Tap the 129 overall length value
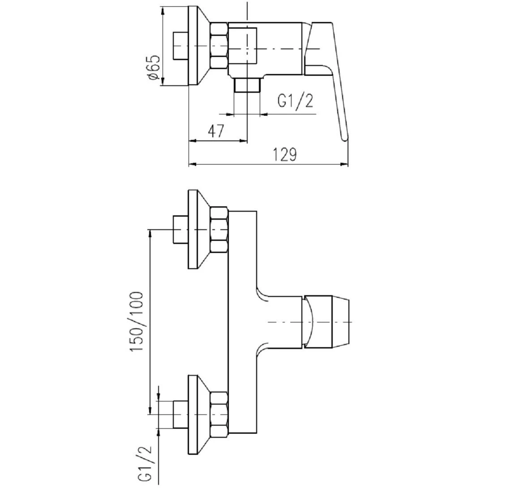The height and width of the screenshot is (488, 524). tap(285, 154)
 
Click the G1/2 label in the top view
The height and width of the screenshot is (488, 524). tap(295, 101)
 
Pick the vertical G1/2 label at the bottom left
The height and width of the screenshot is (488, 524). tap(145, 464)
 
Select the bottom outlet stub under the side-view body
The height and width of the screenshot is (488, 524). tap(247, 84)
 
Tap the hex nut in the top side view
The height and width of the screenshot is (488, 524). tap(219, 46)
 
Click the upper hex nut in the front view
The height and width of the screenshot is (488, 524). tap(219, 229)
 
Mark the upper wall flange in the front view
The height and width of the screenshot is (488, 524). tap(193, 229)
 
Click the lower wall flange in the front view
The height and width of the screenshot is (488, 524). tap(193, 415)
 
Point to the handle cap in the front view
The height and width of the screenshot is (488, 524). tap(327, 322)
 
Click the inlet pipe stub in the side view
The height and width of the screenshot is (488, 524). tap(180, 46)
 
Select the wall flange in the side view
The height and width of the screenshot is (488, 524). tap(193, 46)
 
